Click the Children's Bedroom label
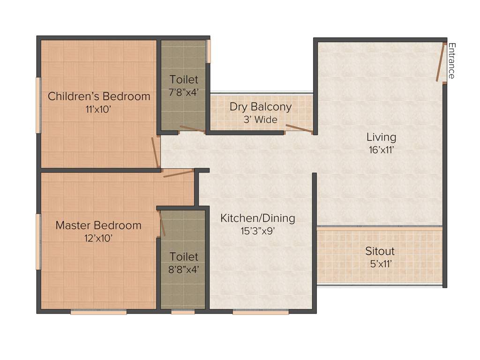click(99, 97)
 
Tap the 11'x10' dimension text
click(99, 109)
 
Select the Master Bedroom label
click(98, 225)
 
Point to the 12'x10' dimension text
click(98, 238)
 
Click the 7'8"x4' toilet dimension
click(184, 92)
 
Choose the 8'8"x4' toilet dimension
click(184, 270)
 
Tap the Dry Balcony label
click(261, 107)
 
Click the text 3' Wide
click(260, 120)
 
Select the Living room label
click(381, 137)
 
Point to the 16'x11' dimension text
click(381, 150)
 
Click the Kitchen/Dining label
click(258, 218)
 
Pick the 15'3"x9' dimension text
click(258, 231)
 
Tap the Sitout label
click(380, 251)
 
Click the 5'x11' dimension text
click(380, 264)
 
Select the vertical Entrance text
click(451, 61)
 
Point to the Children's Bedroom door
click(155, 152)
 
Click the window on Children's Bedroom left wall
click(38, 105)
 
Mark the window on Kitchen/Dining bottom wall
click(261, 312)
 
